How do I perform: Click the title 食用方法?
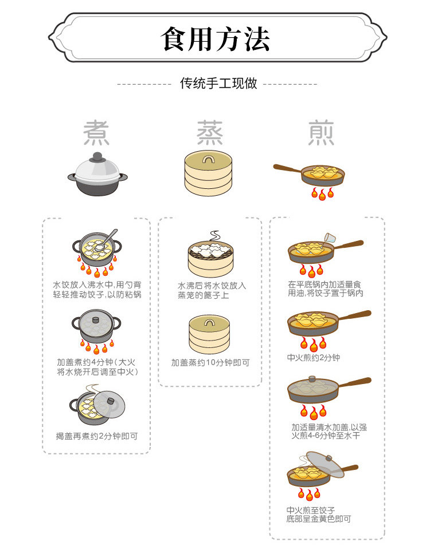(x=214, y=39)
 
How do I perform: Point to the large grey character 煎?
(x=320, y=133)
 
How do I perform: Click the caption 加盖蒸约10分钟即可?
(x=210, y=363)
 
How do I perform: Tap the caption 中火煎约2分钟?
(x=314, y=358)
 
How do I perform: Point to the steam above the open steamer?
(x=214, y=236)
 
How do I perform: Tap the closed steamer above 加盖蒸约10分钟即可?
(x=209, y=334)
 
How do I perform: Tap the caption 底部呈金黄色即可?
(x=319, y=519)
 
